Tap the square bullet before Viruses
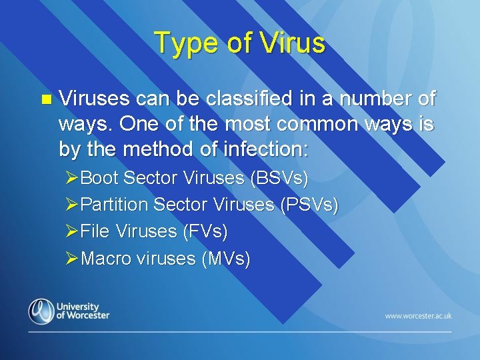(x=45, y=100)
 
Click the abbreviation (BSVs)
(x=279, y=178)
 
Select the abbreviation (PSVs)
(x=308, y=205)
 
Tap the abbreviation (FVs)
(x=205, y=231)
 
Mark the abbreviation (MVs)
(x=226, y=258)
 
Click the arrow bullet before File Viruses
(x=71, y=231)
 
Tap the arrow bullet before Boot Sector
(x=71, y=178)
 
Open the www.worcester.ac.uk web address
(x=418, y=315)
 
